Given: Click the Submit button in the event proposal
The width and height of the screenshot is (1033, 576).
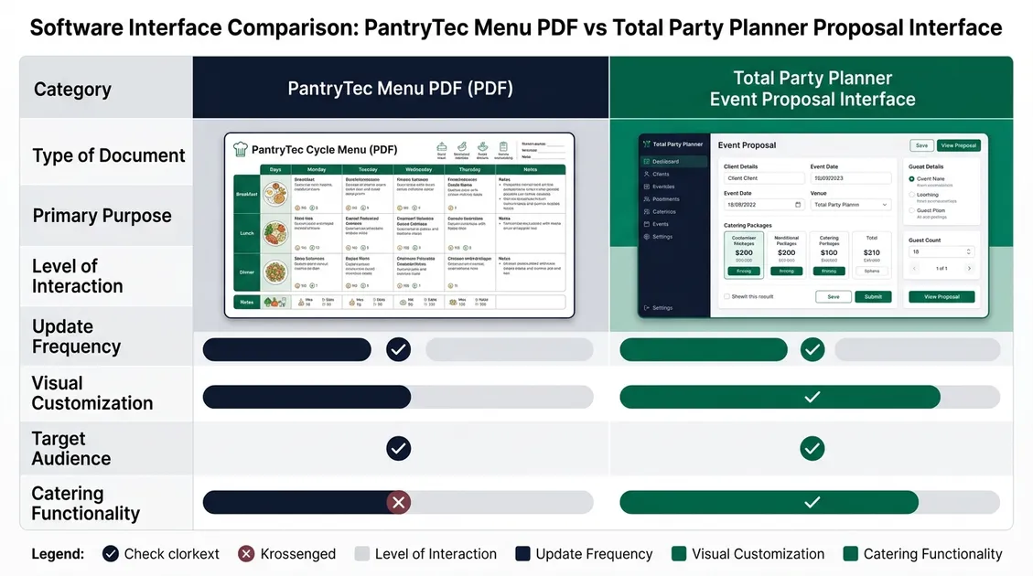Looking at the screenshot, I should point(873,296).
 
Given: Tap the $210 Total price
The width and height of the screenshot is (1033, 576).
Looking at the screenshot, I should point(871,252).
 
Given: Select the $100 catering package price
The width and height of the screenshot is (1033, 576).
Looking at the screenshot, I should point(828,252).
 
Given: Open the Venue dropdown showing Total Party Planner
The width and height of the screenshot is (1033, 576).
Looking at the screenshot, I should point(851,205).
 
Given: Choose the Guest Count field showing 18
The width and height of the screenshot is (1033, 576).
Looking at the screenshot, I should point(942,251).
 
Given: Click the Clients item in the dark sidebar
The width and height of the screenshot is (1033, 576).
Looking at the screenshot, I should point(661,174).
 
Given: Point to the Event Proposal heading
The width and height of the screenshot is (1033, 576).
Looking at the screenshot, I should point(747,144).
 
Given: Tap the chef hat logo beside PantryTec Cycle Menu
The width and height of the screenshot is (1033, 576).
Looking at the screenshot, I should point(241,149).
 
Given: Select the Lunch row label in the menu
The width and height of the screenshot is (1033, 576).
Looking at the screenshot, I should point(247,233).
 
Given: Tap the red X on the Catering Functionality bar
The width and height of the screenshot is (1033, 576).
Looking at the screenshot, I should point(398,502).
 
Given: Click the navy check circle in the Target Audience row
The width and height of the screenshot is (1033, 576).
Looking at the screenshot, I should point(398,448).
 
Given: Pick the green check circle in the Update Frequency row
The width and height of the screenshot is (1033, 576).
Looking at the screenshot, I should point(812,349).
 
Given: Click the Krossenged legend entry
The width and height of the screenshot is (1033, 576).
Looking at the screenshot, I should point(287,553).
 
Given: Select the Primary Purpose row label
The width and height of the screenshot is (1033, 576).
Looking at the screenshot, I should point(102,216).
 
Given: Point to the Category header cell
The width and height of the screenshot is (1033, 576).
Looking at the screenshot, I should point(72,89).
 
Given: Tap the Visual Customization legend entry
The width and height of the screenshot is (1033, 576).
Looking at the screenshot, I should point(748,553).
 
